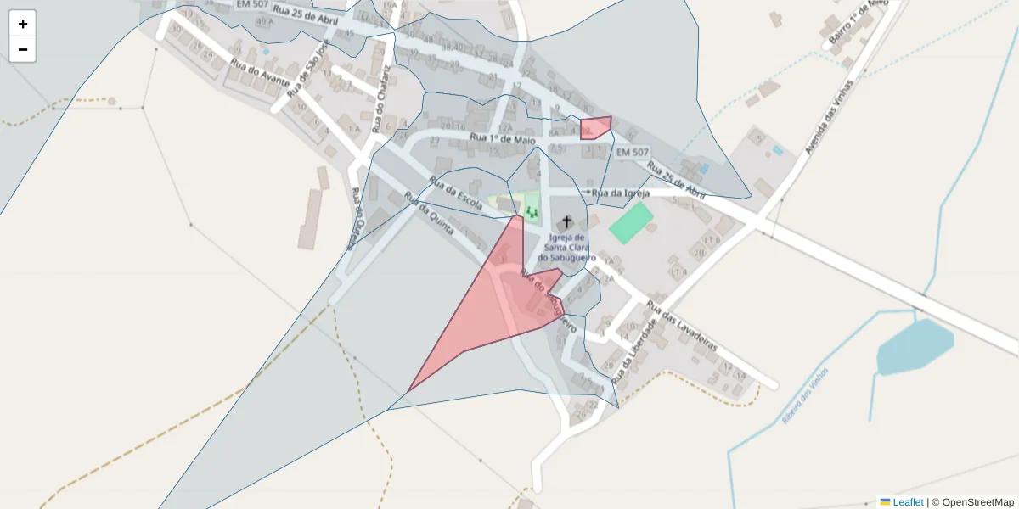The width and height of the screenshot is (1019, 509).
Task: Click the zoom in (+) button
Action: (23, 24)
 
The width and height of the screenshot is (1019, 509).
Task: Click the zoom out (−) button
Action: (23, 49)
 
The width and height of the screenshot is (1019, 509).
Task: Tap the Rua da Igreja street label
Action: (621, 193)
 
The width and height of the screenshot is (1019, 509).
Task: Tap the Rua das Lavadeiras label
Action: (682, 327)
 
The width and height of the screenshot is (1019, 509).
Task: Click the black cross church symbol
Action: (567, 221)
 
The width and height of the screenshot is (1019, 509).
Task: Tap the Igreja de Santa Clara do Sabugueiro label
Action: (567, 247)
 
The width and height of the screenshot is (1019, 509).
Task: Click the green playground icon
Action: (532, 210)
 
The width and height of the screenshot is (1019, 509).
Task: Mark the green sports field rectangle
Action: (631, 222)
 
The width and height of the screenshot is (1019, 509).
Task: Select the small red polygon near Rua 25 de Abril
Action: (596, 128)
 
